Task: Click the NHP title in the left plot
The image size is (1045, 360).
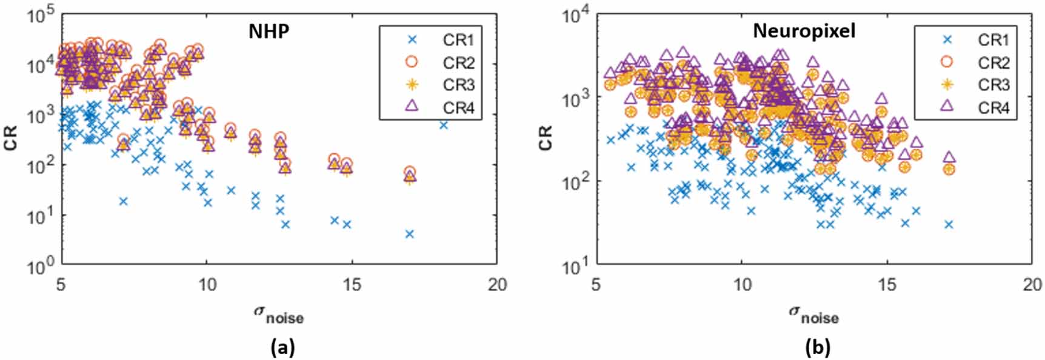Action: click(x=269, y=32)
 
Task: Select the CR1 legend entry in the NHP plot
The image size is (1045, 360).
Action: click(x=458, y=40)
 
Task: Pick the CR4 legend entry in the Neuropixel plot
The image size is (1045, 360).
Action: click(x=993, y=107)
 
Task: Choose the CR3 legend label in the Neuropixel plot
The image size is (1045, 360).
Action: click(x=993, y=85)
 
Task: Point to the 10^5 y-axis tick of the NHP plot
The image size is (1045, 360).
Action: click(x=41, y=16)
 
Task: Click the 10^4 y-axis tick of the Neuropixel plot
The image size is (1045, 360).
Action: click(x=576, y=16)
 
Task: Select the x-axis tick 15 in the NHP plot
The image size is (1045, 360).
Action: click(x=352, y=284)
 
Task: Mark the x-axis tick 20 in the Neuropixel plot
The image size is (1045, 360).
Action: click(x=1032, y=284)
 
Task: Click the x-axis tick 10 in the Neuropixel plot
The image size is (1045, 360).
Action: click(x=742, y=284)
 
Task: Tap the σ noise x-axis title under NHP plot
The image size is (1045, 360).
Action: click(x=278, y=314)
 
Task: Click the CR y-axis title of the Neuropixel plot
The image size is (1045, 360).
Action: click(x=546, y=138)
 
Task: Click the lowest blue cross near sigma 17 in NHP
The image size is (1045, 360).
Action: click(x=410, y=234)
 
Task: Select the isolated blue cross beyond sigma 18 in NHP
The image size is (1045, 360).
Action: click(x=444, y=125)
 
